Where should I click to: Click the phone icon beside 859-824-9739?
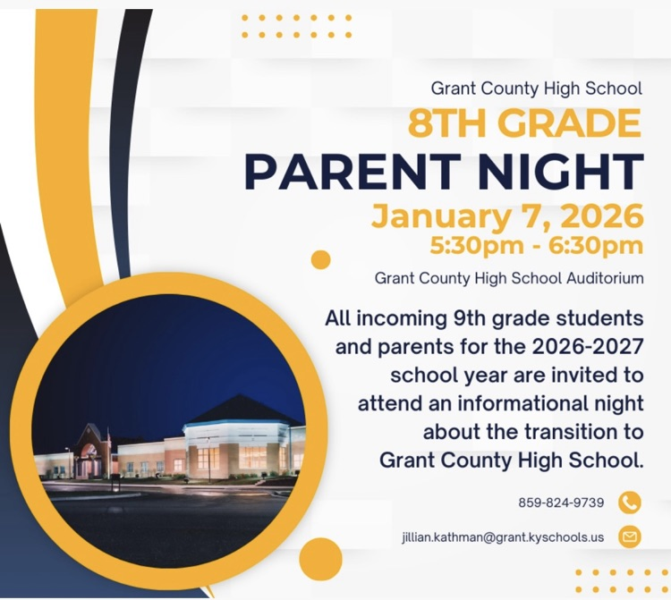(630, 503)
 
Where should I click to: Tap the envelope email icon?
(630, 537)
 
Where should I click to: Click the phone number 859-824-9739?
(561, 503)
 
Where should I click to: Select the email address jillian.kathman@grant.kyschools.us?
(503, 537)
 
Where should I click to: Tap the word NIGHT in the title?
(557, 172)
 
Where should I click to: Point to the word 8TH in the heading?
(444, 123)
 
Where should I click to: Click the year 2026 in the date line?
(601, 216)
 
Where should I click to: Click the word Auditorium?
(605, 278)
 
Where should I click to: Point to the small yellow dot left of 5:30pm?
(320, 259)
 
